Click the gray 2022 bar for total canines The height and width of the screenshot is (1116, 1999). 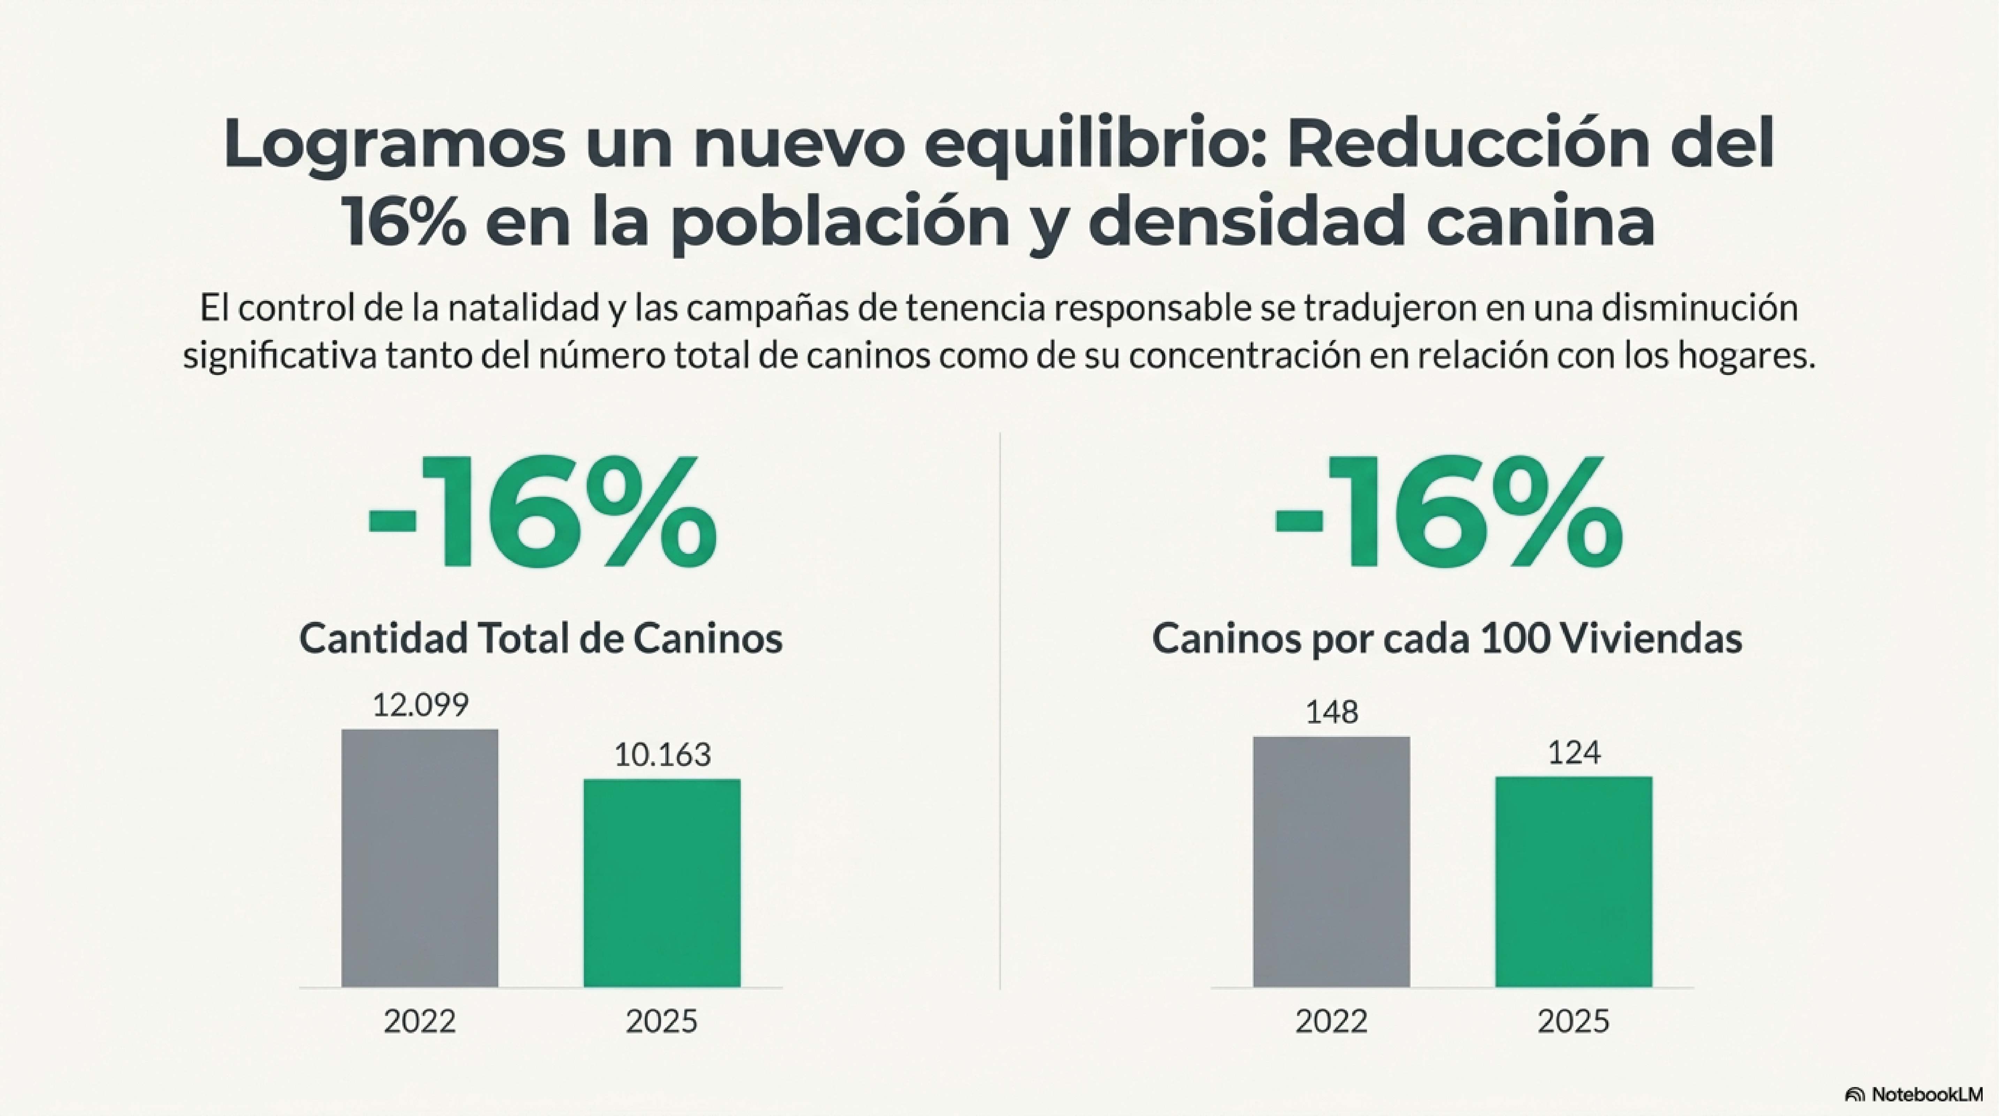420,858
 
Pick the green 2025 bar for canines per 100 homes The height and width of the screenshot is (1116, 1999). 1574,882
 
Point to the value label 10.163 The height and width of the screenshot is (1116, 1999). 662,754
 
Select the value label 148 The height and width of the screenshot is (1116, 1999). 1332,712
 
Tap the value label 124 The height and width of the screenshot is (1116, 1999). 1574,752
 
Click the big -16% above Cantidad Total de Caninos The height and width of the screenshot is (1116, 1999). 542,514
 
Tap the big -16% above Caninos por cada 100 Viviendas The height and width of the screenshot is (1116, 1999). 1448,514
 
